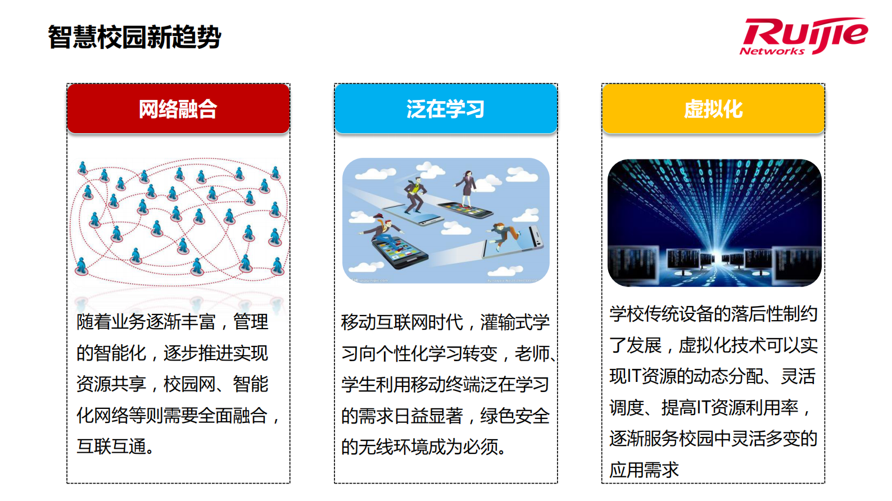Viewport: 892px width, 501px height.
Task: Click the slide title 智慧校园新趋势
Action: tap(134, 37)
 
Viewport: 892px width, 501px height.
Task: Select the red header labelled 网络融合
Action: tap(178, 108)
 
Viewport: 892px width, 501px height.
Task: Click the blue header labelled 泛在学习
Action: tap(446, 108)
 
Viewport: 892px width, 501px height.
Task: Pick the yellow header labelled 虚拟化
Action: tap(713, 108)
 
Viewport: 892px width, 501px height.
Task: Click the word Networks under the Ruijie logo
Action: tap(772, 51)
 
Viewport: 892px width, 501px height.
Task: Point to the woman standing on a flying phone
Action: tap(467, 189)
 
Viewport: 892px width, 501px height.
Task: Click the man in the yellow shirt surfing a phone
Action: tap(414, 194)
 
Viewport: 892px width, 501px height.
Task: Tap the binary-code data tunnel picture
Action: tap(714, 222)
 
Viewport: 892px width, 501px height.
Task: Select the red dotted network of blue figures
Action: tap(179, 222)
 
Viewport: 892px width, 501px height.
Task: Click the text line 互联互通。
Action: tap(115, 447)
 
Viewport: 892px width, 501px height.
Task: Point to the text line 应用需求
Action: tap(644, 470)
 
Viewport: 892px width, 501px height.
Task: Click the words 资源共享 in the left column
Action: tap(111, 384)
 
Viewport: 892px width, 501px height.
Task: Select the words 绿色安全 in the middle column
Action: tap(515, 416)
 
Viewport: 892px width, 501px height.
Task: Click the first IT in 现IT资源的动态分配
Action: tap(633, 376)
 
